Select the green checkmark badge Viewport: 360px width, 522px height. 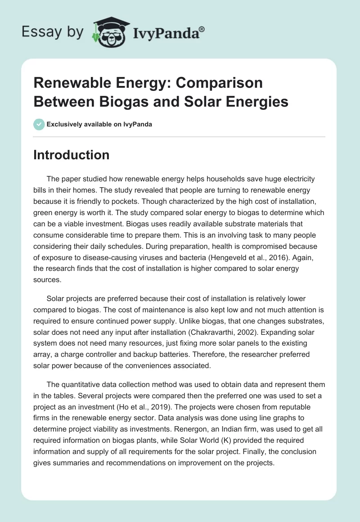click(x=39, y=124)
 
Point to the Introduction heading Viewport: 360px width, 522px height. click(x=72, y=155)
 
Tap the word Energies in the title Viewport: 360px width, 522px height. click(x=255, y=102)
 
